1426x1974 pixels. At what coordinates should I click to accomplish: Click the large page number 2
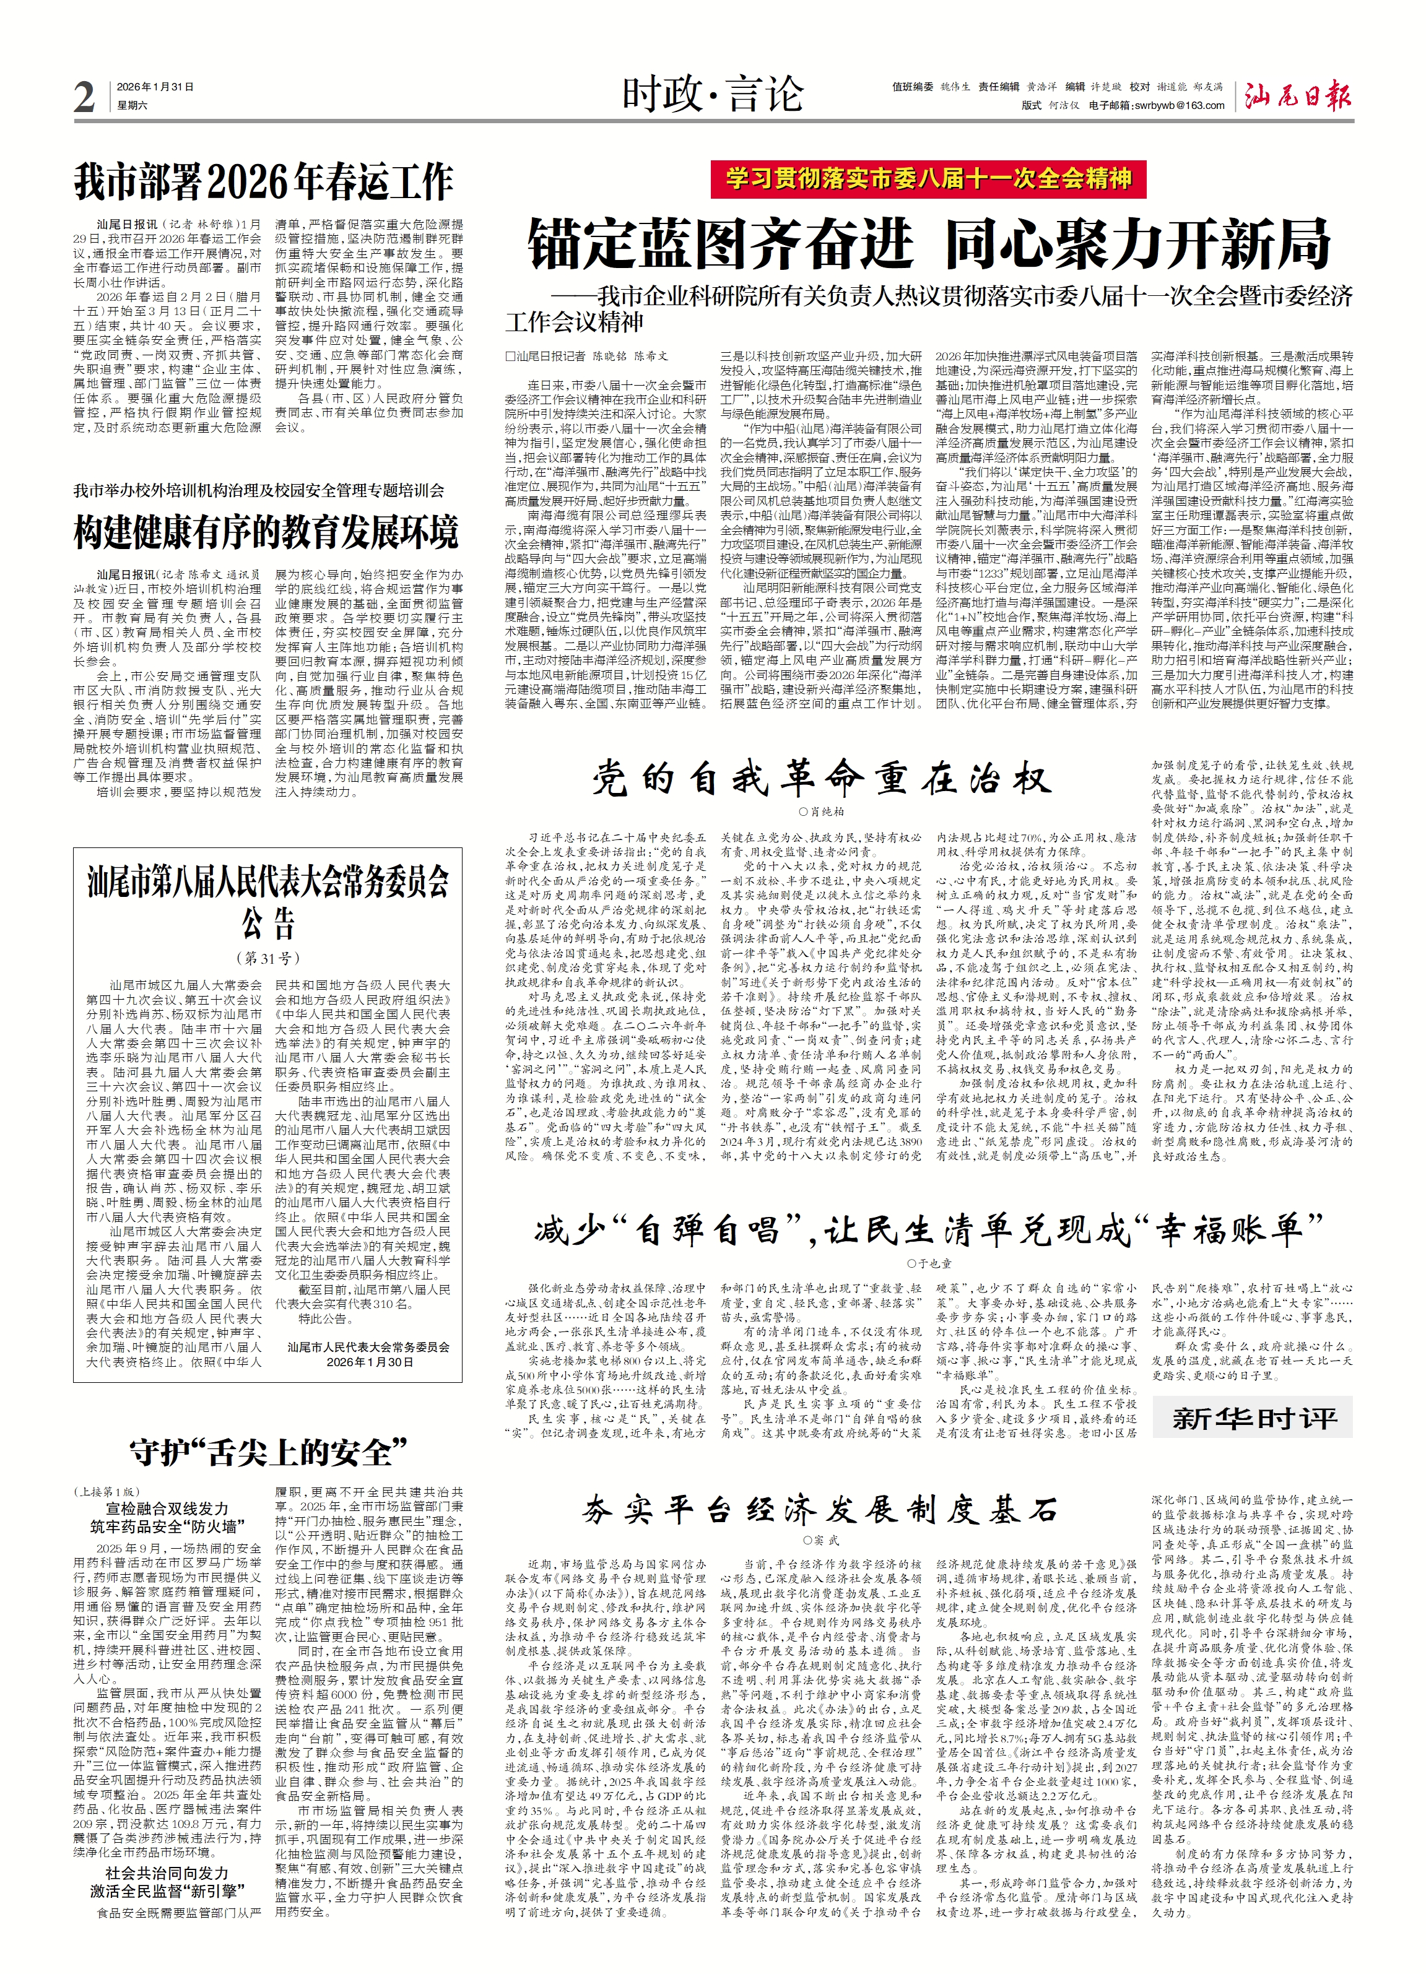pyautogui.click(x=84, y=96)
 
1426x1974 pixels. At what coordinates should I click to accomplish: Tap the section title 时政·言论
pyautogui.click(x=711, y=94)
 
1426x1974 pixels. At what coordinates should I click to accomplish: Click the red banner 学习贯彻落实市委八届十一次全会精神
pyautogui.click(x=928, y=180)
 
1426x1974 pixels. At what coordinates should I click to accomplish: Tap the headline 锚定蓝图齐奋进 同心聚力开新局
pyautogui.click(x=928, y=245)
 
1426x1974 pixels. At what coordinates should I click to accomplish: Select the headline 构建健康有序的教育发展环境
pyautogui.click(x=266, y=532)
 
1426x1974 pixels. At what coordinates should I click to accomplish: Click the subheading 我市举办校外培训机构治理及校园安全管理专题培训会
pyautogui.click(x=259, y=490)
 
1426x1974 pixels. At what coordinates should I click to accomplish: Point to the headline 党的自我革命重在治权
pyautogui.click(x=821, y=778)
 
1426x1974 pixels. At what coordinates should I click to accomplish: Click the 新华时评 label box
pyautogui.click(x=1254, y=1418)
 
